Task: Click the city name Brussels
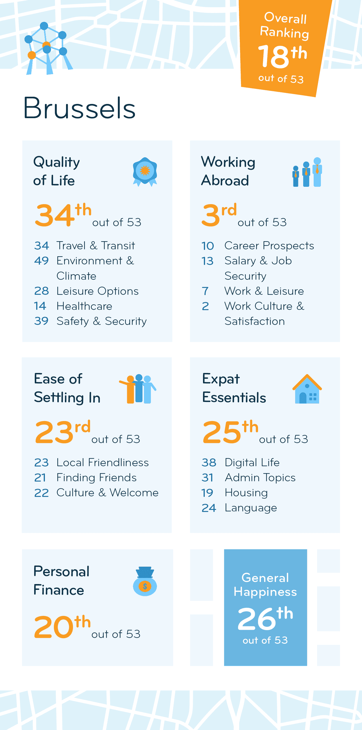[x=79, y=108]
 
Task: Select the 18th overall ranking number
[x=282, y=56]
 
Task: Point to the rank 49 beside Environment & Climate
[x=41, y=261]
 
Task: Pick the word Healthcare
[x=84, y=306]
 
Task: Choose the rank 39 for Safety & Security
[x=41, y=321]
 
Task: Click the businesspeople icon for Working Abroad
[x=307, y=172]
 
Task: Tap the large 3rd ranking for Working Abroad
[x=219, y=215]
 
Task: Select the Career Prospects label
[x=269, y=246]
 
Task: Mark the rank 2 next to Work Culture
[x=205, y=306]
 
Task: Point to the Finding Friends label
[x=96, y=477]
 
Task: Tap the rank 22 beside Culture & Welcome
[x=41, y=493]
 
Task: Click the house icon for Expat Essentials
[x=307, y=389]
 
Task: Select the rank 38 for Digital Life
[x=209, y=462]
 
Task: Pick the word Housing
[x=246, y=493]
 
